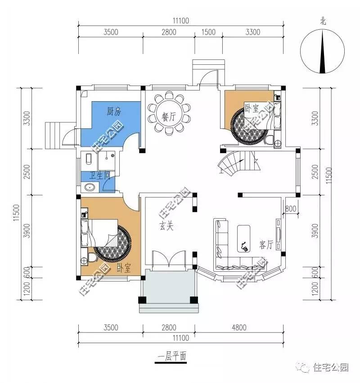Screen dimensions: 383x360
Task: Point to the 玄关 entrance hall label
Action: point(166,226)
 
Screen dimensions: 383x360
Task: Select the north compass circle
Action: point(323,50)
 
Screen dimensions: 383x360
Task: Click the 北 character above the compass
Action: point(323,21)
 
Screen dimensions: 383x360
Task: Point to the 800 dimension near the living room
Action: point(290,209)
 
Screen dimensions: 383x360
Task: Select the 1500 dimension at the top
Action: point(209,32)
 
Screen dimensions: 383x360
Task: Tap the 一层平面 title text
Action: point(171,356)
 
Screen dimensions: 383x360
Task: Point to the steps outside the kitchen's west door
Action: point(53,134)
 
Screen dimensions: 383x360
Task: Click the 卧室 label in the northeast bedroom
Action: point(252,108)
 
